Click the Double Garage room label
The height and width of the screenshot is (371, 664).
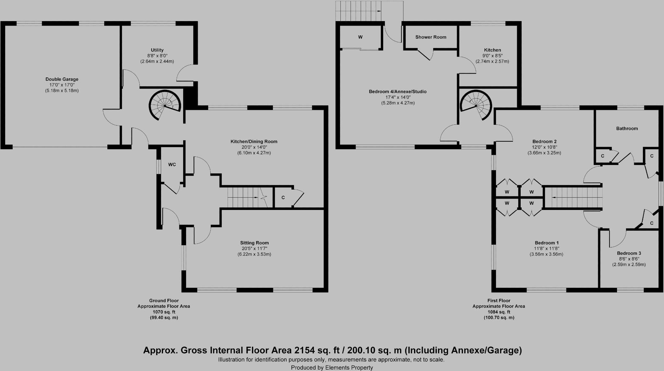[62, 79]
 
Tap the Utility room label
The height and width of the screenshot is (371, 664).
[157, 50]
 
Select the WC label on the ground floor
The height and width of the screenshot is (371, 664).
[172, 165]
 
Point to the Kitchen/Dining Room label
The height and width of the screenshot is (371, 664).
[254, 141]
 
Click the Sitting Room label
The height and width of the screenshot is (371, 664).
[254, 243]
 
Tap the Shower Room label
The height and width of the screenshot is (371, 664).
[431, 37]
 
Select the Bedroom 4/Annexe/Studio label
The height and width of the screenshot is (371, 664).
[397, 91]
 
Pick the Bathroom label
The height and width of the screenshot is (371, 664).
[627, 128]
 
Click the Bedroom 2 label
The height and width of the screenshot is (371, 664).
[544, 141]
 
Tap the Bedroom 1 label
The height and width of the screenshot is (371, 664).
[546, 243]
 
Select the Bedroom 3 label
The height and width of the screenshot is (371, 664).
[629, 253]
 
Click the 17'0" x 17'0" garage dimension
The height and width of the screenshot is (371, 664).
[62, 85]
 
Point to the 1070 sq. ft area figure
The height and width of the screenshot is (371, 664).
[164, 312]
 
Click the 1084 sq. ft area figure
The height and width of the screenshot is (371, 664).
[499, 312]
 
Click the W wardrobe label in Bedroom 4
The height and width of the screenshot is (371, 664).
[360, 37]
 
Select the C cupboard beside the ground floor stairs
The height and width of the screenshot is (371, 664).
[283, 197]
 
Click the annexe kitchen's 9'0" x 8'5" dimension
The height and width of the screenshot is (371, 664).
[492, 56]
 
